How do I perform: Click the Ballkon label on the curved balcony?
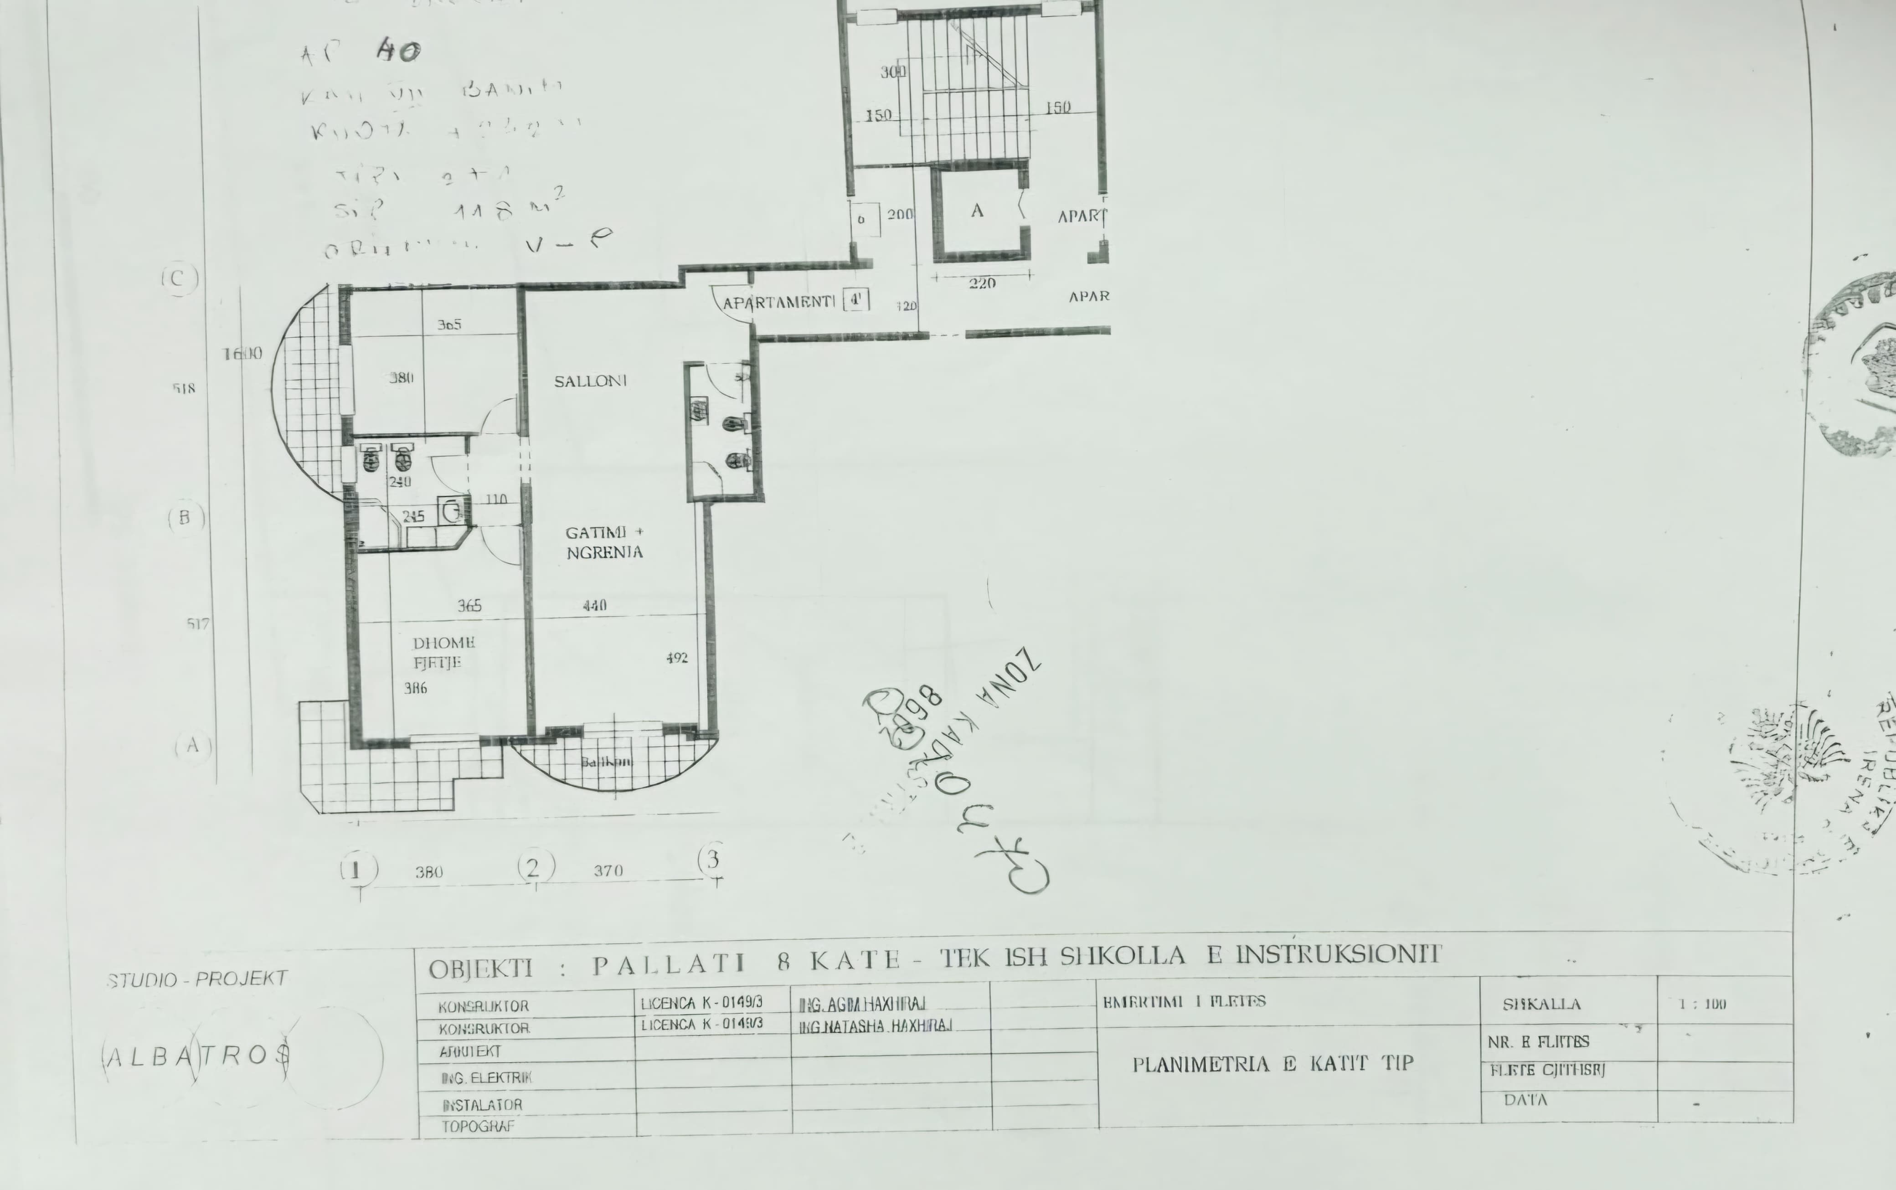tap(606, 762)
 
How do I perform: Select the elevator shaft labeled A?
tap(978, 211)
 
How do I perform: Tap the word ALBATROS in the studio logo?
tap(197, 1056)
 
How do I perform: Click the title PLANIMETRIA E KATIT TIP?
tap(1273, 1064)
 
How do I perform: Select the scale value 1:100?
tap(1702, 1004)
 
